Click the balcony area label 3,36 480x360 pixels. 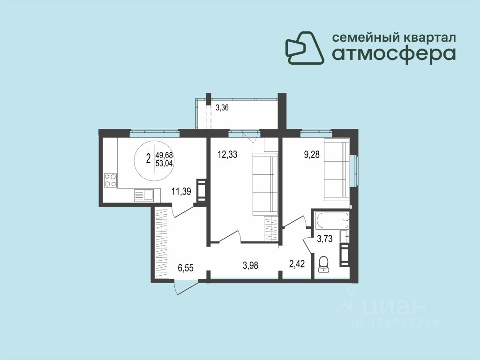222,108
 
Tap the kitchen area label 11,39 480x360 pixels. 181,192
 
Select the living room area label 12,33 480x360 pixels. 227,155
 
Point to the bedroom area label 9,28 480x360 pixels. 312,154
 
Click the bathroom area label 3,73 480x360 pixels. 324,239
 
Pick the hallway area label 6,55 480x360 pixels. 186,268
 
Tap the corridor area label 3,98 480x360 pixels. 250,265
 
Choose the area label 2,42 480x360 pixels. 297,263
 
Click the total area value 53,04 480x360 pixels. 164,164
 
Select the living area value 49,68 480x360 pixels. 164,155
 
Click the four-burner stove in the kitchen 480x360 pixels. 111,180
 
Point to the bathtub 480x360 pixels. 333,221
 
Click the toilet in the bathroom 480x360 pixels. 323,264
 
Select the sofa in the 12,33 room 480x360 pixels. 265,185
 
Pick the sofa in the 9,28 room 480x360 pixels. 337,170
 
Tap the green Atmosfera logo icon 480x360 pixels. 305,48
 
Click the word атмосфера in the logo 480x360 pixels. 394,54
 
